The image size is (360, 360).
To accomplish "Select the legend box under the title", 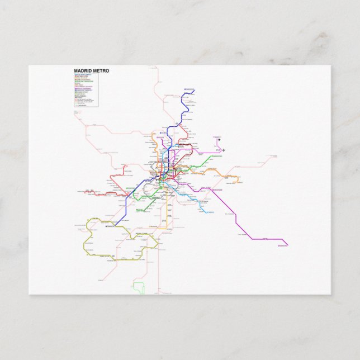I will click(86, 90).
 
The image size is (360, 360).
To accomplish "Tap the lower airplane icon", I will click(223, 150).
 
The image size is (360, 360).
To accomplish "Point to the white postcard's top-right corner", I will click(330, 66).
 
